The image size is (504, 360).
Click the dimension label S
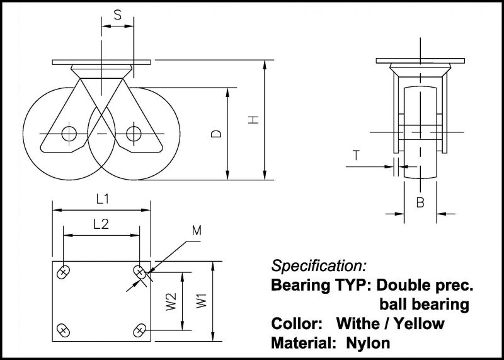118,15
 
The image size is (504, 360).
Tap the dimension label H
255,120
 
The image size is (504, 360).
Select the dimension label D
216,134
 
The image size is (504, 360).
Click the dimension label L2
101,224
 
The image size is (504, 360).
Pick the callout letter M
196,231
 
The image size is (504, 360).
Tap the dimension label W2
171,301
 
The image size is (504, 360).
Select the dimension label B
420,202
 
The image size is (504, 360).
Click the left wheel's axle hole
69,133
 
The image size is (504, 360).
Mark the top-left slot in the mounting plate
64,272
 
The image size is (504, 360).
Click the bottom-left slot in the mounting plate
64,328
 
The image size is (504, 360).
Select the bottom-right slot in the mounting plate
140,328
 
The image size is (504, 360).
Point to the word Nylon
369,344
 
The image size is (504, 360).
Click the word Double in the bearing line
407,285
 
